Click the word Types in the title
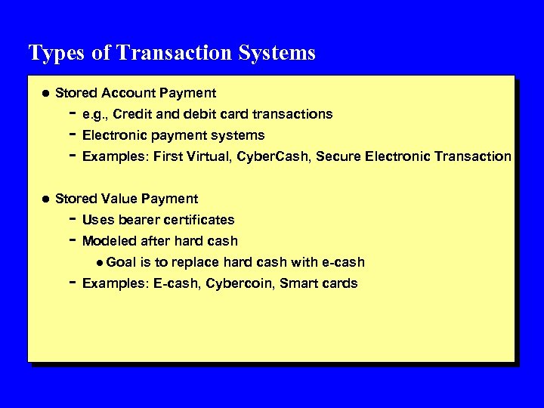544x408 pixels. pos(50,54)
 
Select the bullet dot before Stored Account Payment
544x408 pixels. pos(44,93)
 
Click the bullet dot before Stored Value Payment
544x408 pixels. pos(44,199)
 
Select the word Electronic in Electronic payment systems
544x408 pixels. pos(115,135)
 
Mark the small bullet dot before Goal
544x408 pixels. pos(100,262)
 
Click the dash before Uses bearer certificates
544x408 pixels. pos(70,219)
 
